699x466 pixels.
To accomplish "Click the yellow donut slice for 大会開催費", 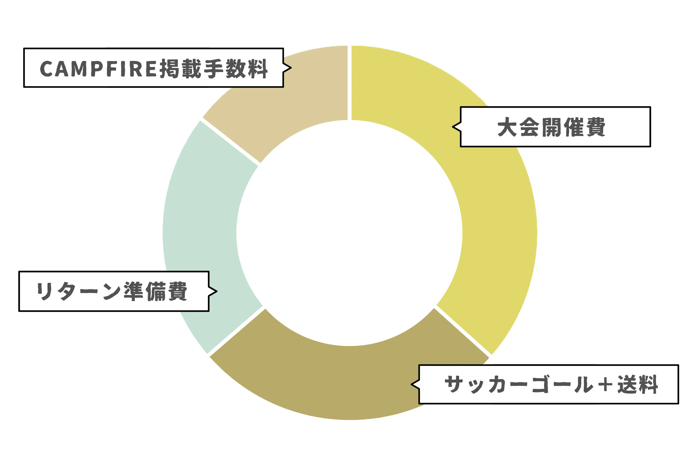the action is tap(499, 232).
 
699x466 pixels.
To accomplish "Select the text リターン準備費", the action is tap(112, 291).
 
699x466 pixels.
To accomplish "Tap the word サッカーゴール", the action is tap(519, 384).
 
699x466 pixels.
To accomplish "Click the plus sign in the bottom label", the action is tap(605, 385).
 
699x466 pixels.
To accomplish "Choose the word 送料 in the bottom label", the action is tap(637, 384).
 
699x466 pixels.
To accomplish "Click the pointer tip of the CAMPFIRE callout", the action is tap(291, 68).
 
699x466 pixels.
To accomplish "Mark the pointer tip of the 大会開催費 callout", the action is tap(453, 127).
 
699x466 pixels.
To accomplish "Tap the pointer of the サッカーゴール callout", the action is tap(411, 384).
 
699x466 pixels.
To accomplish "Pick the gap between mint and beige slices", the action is tap(230, 142).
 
